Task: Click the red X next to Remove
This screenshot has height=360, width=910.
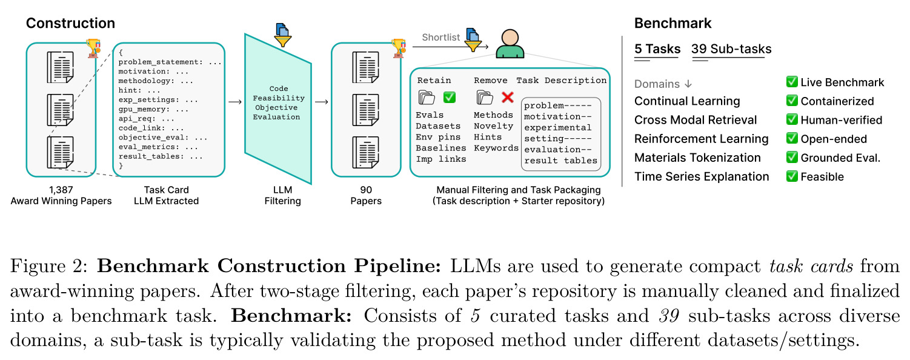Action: (507, 97)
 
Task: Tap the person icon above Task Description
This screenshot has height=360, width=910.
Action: (510, 44)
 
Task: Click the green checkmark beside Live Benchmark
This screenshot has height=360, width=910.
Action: (792, 82)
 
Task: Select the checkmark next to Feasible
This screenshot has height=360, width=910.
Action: (792, 176)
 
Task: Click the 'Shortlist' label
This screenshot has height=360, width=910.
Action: (441, 38)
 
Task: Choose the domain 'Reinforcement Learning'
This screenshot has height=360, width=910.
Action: (701, 139)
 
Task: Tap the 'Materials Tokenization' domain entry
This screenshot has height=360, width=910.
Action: (697, 158)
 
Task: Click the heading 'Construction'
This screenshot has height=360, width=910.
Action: (71, 23)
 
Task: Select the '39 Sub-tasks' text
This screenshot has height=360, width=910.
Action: (731, 48)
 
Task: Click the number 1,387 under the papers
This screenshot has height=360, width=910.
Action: (61, 190)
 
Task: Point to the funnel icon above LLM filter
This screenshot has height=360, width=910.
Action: (283, 35)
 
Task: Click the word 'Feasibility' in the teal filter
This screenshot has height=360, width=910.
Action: (279, 98)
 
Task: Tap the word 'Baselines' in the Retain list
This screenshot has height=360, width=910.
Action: (441, 148)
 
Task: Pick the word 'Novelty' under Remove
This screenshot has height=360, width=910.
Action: (493, 127)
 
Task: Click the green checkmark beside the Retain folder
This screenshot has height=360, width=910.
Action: (450, 97)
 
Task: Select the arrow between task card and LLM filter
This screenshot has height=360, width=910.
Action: (235, 102)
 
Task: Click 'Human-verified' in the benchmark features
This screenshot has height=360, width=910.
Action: (842, 120)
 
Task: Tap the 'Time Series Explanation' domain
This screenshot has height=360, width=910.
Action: (702, 177)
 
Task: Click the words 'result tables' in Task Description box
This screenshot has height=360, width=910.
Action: (560, 161)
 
